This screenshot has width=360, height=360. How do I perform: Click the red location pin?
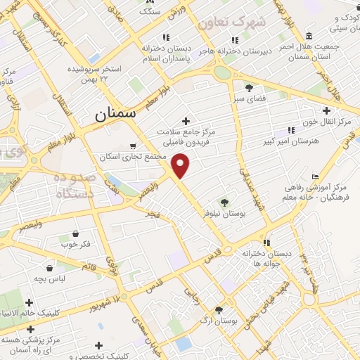(181, 165)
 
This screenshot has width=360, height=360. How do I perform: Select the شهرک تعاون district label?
(232, 22)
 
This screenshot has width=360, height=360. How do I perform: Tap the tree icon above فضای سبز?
(249, 88)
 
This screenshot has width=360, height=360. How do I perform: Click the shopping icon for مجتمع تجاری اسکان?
(134, 147)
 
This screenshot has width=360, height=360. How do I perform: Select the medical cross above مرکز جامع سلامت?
(186, 121)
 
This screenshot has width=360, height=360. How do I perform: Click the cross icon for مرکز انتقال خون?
(326, 110)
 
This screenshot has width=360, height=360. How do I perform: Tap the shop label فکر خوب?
(75, 244)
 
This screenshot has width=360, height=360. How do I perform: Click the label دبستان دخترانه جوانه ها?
(266, 257)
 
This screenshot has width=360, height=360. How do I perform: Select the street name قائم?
(90, 266)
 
